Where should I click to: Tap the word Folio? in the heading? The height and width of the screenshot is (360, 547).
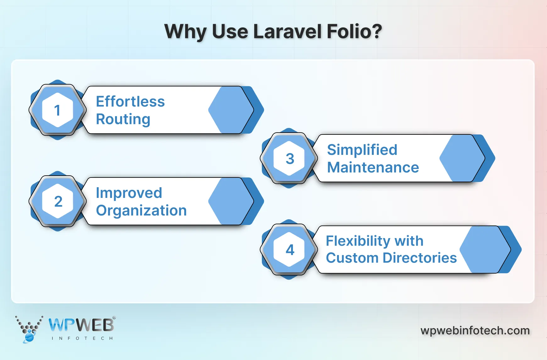pyautogui.click(x=354, y=31)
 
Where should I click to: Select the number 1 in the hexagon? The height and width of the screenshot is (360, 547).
pyautogui.click(x=57, y=110)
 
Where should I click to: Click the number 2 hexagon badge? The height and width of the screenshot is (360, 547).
pyautogui.click(x=58, y=201)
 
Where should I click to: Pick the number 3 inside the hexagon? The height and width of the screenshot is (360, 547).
pyautogui.click(x=290, y=159)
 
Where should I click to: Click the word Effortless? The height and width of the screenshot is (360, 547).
pyautogui.click(x=130, y=101)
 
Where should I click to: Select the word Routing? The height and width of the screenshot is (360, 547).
pyautogui.click(x=123, y=119)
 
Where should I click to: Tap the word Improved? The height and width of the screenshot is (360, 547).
pyautogui.click(x=129, y=193)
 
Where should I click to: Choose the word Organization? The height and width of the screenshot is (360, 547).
pyautogui.click(x=141, y=210)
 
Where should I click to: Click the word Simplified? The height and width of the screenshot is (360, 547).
pyautogui.click(x=362, y=150)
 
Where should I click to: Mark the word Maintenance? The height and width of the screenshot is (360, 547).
pyautogui.click(x=373, y=167)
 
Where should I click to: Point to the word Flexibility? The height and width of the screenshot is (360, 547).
pyautogui.click(x=358, y=241)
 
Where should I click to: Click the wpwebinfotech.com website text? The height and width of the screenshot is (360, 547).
pyautogui.click(x=475, y=330)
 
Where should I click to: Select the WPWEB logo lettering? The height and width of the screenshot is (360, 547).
pyautogui.click(x=81, y=325)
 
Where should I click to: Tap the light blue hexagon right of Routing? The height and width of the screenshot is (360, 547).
pyautogui.click(x=230, y=110)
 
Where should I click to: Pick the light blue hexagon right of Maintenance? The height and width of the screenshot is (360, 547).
pyautogui.click(x=461, y=158)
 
